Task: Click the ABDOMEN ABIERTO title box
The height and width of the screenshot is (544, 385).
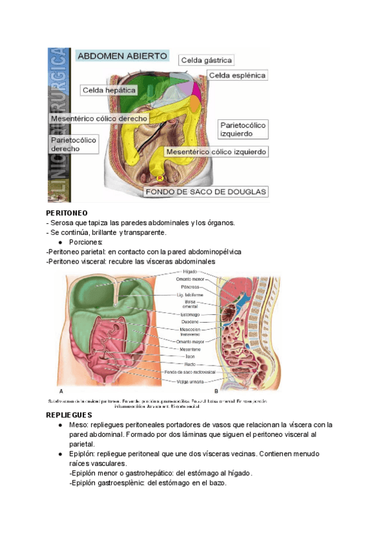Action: click(x=122, y=56)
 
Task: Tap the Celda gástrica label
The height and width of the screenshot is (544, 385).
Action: click(x=206, y=60)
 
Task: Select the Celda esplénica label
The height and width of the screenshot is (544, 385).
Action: click(x=237, y=76)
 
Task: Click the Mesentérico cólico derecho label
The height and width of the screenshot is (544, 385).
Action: click(x=99, y=118)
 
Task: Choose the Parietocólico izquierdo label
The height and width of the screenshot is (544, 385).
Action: click(x=243, y=129)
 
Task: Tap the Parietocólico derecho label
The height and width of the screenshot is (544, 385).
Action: click(x=73, y=144)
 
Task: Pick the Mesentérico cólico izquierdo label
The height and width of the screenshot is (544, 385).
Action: click(x=216, y=152)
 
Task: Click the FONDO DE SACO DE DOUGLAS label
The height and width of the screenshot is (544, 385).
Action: click(x=206, y=191)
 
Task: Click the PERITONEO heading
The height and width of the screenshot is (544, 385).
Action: click(x=67, y=212)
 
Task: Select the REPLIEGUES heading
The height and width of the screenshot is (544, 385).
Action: click(x=69, y=415)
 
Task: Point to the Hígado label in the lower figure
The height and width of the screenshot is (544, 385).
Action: click(x=190, y=272)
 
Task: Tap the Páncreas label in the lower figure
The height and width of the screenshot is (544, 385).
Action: click(x=189, y=287)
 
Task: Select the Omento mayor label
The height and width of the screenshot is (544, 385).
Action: click(x=189, y=341)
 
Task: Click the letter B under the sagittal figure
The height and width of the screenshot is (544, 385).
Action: click(x=216, y=391)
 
